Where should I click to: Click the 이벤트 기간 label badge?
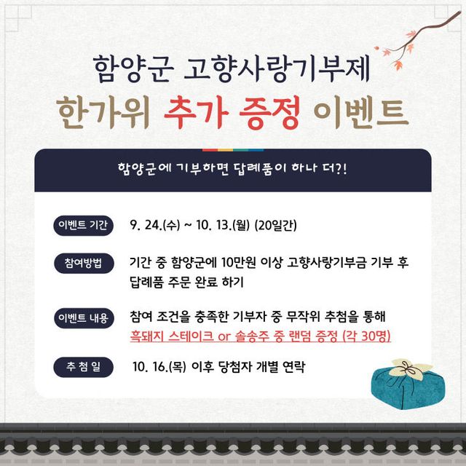coord(83,224)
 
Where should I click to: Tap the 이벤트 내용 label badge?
coord(83,318)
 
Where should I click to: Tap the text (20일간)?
coord(275,224)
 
